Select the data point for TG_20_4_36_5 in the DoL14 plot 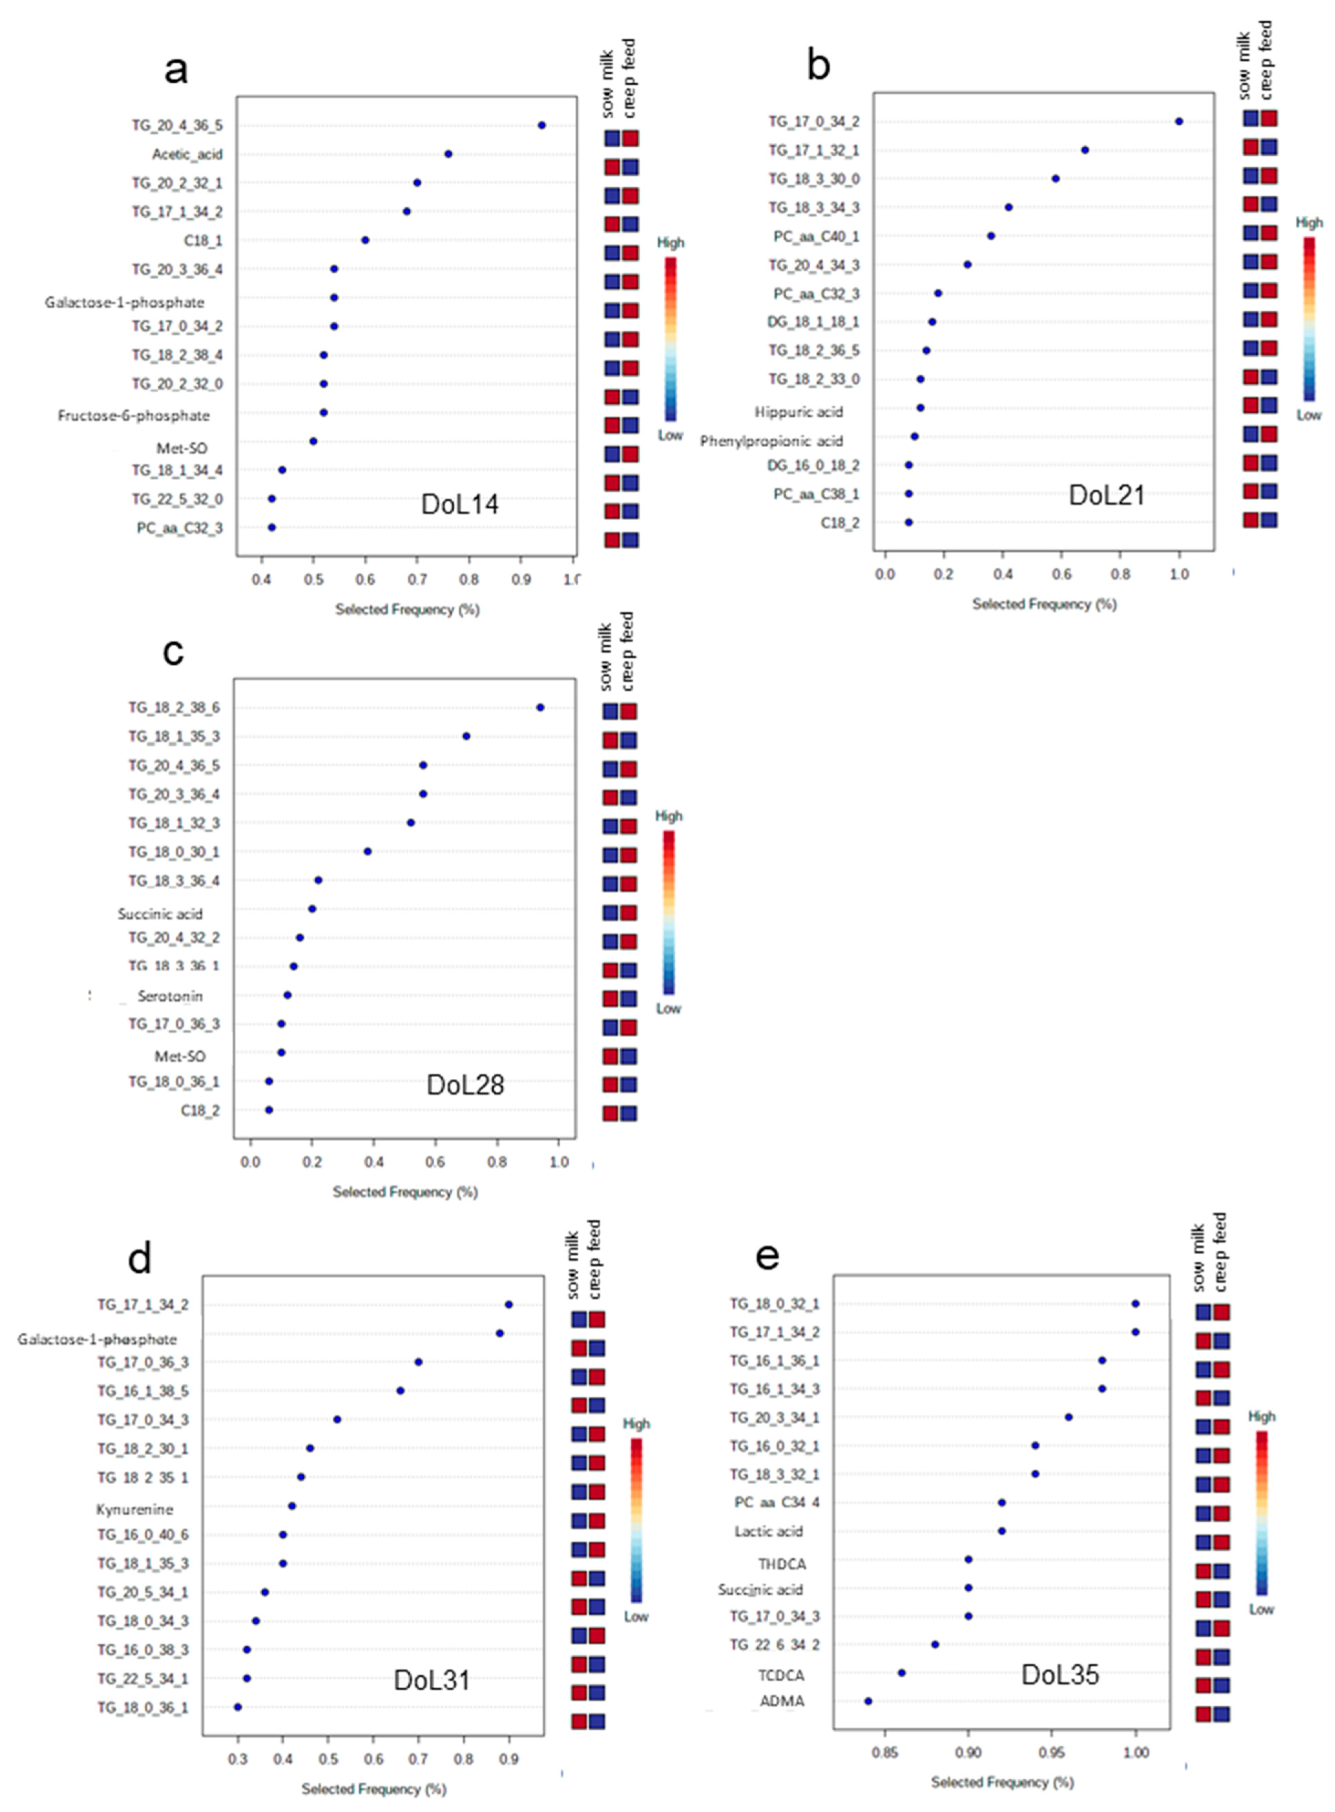(x=542, y=125)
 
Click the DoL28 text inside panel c (x=465, y=1085)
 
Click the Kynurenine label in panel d (x=134, y=1509)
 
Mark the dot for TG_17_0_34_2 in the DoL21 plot (x=1179, y=121)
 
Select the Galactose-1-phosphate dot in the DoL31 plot (x=500, y=1333)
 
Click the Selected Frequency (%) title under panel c (x=405, y=1192)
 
